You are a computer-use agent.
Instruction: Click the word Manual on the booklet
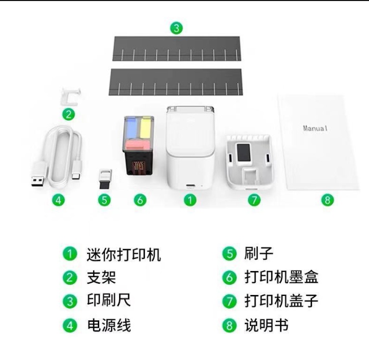click(x=315, y=128)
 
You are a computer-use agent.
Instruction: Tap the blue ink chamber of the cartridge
click(x=131, y=128)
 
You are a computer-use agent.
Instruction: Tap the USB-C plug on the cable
click(x=77, y=170)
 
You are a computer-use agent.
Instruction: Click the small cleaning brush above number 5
click(x=105, y=178)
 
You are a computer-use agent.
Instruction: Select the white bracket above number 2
click(x=71, y=97)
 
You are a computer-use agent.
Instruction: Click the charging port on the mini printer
click(x=190, y=186)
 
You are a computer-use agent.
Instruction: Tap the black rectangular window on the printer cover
click(x=244, y=153)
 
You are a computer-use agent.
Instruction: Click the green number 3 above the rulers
click(x=177, y=28)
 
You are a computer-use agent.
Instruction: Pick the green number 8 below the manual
click(x=328, y=200)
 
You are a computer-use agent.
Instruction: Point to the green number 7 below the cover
click(x=254, y=200)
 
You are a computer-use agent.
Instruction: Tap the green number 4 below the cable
click(x=59, y=200)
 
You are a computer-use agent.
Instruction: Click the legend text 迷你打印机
click(x=124, y=254)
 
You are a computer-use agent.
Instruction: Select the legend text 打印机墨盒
click(x=281, y=277)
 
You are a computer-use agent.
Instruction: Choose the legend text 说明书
click(x=266, y=325)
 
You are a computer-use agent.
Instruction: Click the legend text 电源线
click(x=109, y=325)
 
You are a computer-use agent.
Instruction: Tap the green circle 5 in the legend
click(x=230, y=254)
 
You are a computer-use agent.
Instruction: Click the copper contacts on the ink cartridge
click(x=138, y=166)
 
